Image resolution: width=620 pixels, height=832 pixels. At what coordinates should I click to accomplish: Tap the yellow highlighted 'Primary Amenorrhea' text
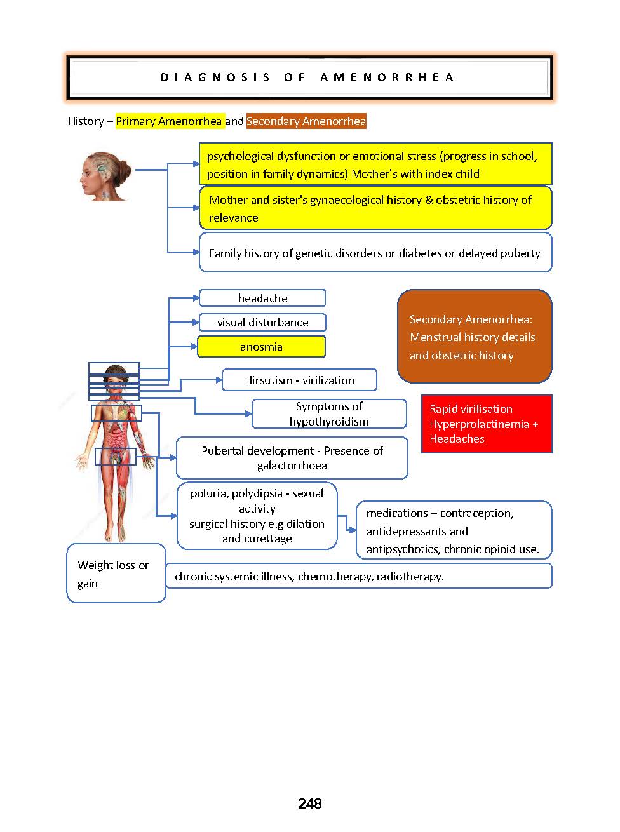(169, 121)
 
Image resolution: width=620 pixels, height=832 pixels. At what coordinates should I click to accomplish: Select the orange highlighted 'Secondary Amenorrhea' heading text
(306, 121)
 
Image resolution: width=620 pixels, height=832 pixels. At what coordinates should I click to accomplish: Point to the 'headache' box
(262, 298)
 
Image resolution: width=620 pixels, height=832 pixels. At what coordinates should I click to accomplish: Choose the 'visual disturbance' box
(262, 322)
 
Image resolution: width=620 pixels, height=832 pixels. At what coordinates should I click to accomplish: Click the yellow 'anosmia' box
(261, 347)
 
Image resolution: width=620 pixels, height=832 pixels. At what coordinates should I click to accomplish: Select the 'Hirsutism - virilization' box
(299, 380)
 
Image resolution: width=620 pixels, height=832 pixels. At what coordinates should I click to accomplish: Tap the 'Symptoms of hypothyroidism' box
(329, 414)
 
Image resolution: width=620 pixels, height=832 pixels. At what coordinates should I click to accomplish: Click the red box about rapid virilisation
(487, 424)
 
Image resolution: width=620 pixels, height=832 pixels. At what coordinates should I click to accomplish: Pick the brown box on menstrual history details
(475, 337)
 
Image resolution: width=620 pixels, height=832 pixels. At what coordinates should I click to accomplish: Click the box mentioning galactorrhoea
(292, 458)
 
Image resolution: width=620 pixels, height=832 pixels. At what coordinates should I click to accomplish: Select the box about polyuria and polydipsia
(257, 516)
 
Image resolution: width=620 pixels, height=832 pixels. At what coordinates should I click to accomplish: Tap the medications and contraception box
(454, 531)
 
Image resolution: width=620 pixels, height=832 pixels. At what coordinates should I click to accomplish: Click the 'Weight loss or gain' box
(116, 574)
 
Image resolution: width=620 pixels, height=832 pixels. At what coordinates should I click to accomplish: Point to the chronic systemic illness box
(359, 577)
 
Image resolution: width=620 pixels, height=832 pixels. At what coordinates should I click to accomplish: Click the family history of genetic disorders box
(375, 253)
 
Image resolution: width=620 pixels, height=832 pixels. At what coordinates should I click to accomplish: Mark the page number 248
(310, 804)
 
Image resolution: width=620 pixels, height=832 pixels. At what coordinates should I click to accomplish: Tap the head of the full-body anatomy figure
(115, 377)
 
